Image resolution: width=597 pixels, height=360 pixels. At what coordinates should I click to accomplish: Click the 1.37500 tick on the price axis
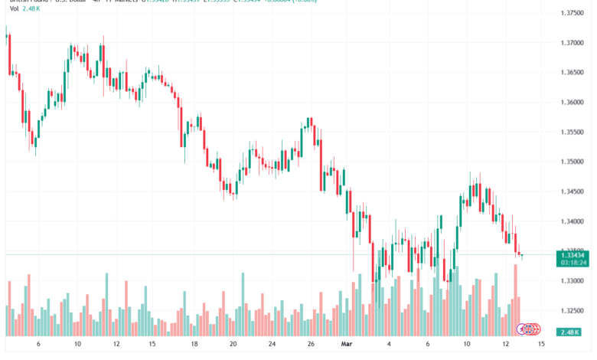click(573, 13)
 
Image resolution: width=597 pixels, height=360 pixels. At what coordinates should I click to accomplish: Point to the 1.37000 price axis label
click(573, 43)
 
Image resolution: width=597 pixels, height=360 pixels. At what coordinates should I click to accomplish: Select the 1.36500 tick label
click(573, 73)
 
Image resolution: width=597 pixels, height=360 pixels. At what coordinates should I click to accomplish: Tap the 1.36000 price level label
click(573, 102)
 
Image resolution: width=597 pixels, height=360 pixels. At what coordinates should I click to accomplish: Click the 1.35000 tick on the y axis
click(573, 162)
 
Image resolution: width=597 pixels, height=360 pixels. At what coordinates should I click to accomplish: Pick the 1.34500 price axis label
click(573, 191)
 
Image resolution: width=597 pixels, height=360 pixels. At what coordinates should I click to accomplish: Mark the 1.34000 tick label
click(573, 221)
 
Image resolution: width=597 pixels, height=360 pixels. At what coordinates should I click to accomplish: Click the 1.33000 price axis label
click(573, 281)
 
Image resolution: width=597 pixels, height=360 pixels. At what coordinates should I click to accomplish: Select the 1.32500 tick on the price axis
click(573, 311)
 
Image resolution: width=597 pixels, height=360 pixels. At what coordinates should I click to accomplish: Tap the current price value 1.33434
click(573, 254)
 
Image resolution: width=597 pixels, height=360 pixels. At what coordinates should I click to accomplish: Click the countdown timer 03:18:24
click(573, 262)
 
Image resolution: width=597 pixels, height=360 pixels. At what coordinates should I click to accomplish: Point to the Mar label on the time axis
click(344, 344)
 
